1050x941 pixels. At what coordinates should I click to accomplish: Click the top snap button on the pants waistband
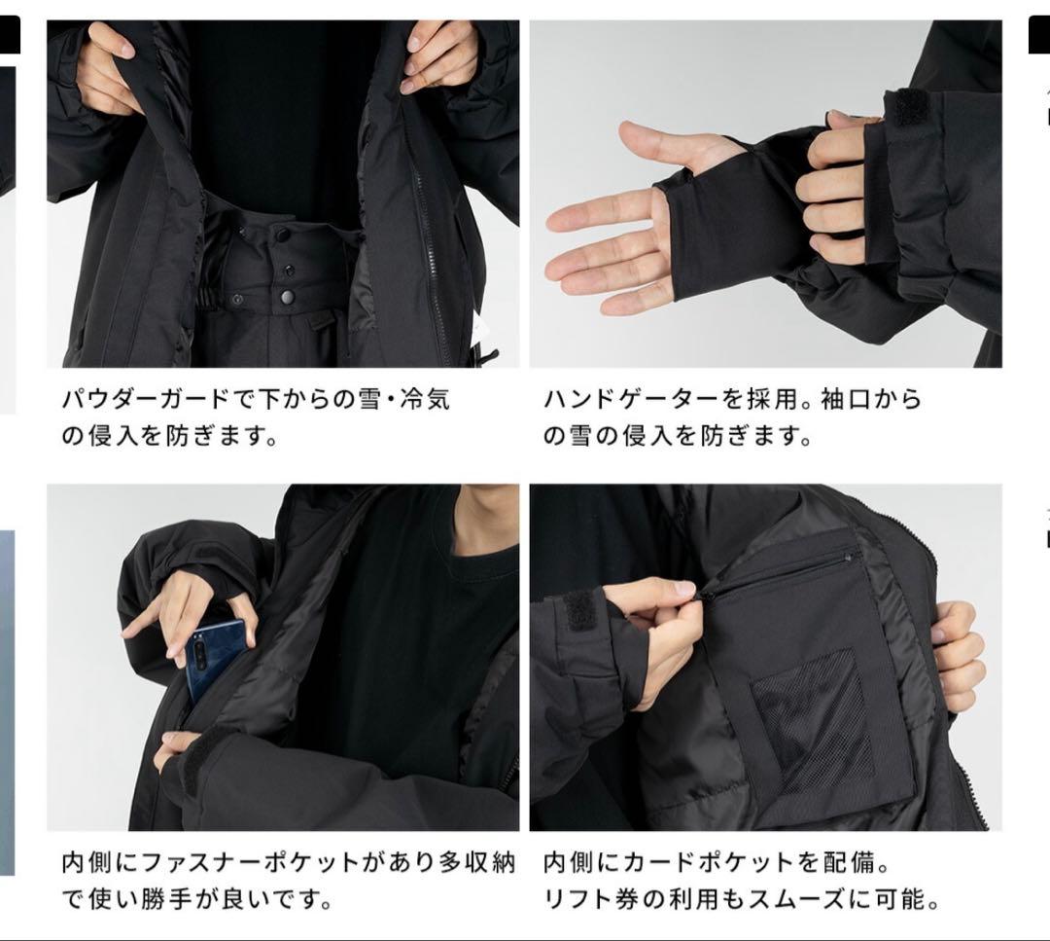[x=282, y=235]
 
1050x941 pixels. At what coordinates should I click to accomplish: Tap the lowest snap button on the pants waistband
[x=287, y=297]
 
